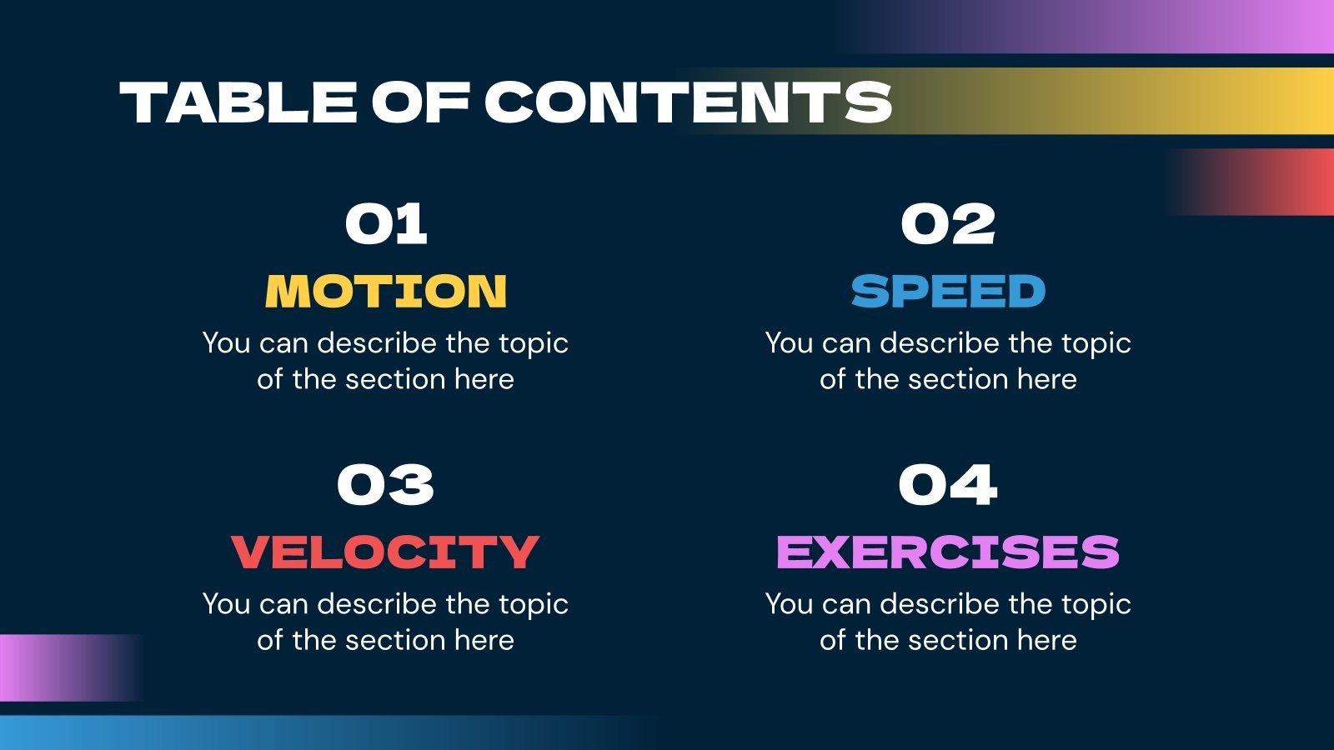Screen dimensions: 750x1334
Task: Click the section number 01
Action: pos(386,225)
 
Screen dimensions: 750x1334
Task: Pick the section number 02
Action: pos(948,225)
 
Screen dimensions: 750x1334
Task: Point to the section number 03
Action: pos(386,486)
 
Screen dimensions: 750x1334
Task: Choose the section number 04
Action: pos(948,486)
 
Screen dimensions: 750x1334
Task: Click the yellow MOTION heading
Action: pos(386,291)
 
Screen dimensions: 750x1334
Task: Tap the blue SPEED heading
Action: pos(948,291)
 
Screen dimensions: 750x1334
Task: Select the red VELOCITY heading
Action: pos(386,552)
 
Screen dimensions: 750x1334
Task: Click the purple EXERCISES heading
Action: pos(948,552)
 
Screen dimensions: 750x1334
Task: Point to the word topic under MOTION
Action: pos(534,343)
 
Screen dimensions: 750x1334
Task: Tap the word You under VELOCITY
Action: pos(226,604)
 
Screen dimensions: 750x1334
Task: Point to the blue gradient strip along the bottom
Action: pos(250,732)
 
